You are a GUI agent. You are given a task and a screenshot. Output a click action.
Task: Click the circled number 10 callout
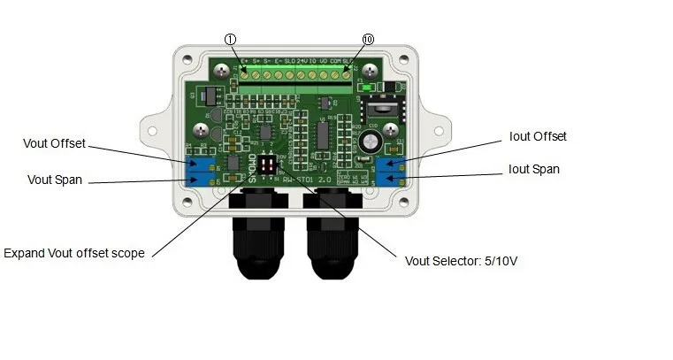point(368,40)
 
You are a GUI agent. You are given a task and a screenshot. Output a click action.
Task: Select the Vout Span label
point(55,180)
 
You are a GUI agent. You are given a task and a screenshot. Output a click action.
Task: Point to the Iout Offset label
point(538,136)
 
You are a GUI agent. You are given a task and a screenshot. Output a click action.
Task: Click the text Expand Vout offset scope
point(74,253)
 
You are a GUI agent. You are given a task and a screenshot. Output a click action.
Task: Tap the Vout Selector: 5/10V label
point(462,261)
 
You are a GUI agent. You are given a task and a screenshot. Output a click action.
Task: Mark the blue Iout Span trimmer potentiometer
point(388,180)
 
